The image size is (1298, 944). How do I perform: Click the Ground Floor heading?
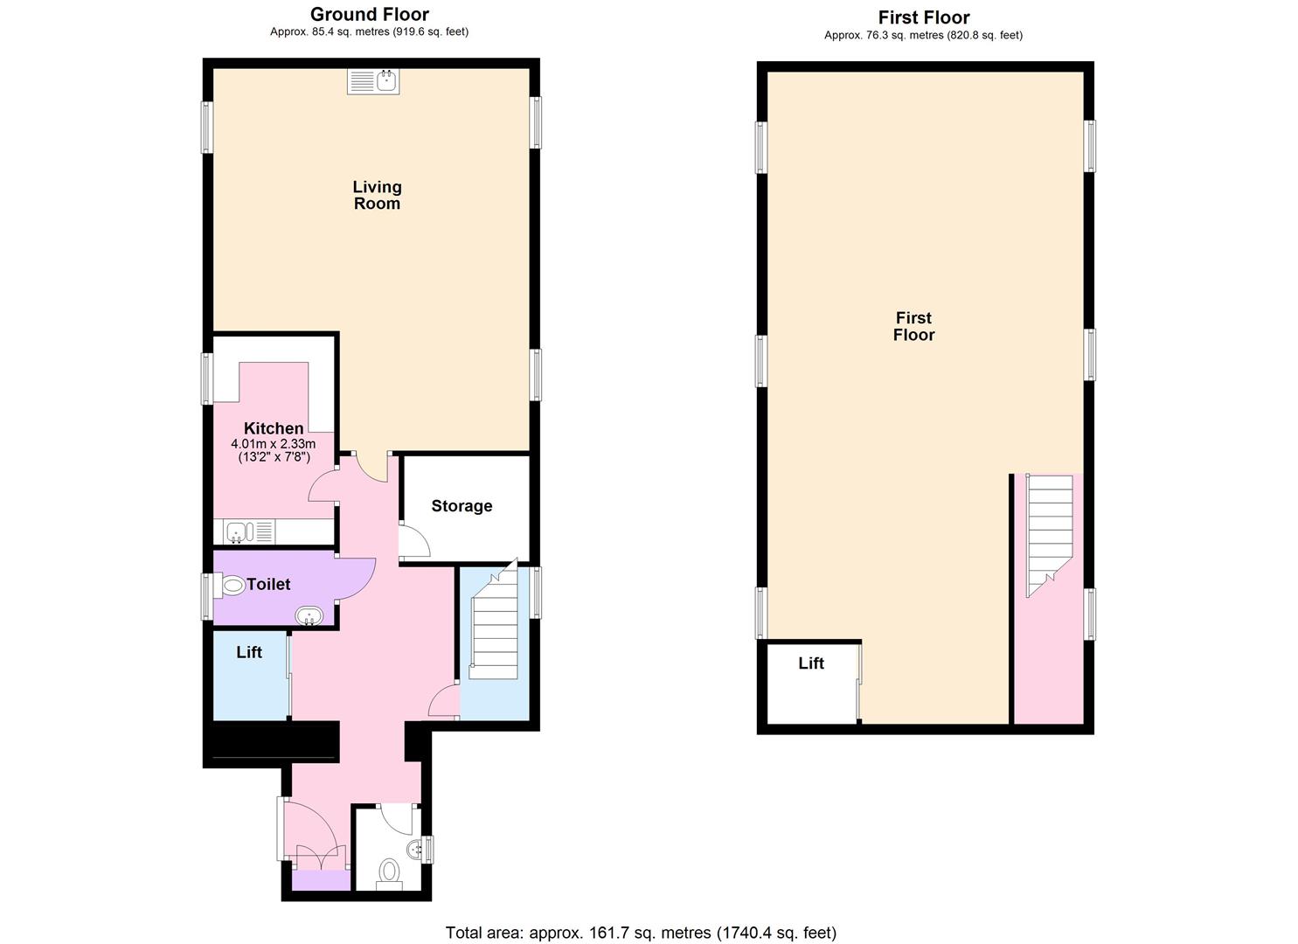[x=369, y=14]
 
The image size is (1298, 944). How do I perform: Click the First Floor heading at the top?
[x=923, y=17]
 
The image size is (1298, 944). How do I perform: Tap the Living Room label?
[x=377, y=195]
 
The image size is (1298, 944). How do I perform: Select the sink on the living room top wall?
[x=373, y=82]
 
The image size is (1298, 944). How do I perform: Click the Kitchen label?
[x=274, y=428]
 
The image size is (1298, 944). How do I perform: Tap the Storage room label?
[x=462, y=506]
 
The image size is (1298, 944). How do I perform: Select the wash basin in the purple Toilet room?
[x=309, y=617]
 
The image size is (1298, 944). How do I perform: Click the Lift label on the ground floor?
[x=249, y=652]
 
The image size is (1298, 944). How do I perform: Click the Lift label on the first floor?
[x=811, y=663]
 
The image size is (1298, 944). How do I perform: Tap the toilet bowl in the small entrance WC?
[x=389, y=871]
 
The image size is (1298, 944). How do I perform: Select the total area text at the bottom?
[x=641, y=933]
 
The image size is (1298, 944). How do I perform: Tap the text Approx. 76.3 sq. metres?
[x=923, y=36]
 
